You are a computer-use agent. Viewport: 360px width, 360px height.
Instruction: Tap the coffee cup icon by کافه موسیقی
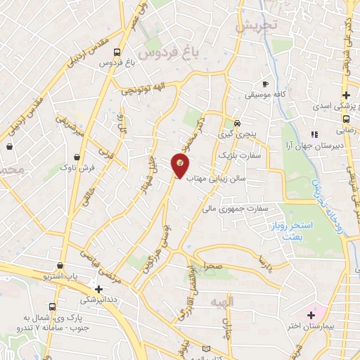point(265,81)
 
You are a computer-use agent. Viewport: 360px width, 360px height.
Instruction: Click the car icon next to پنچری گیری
point(238,120)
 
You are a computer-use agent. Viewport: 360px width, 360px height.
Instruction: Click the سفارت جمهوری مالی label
point(236,208)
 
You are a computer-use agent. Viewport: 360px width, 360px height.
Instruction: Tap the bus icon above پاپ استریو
point(60,266)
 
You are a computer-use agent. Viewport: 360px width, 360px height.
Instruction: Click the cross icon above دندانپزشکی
point(98,288)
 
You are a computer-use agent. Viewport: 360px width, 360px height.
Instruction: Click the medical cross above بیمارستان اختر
point(310,313)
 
